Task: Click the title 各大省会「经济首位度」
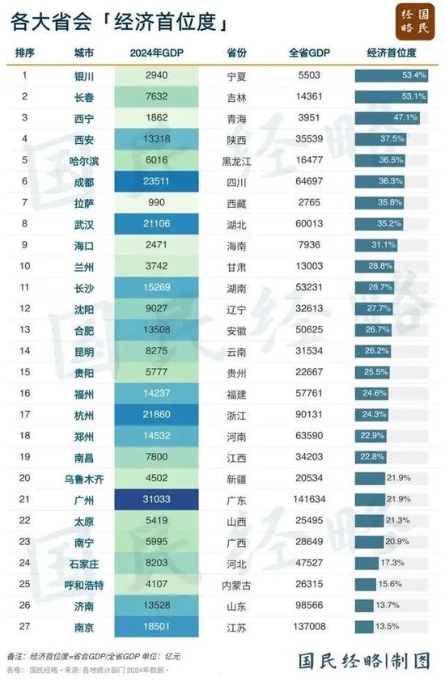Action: [118, 23]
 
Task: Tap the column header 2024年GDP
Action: [155, 53]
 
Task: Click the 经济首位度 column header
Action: [391, 53]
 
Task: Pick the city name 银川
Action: [84, 76]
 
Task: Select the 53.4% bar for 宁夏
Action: [392, 76]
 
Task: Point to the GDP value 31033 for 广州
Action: [155, 498]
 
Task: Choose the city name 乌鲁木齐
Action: [84, 477]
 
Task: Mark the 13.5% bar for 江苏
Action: [364, 625]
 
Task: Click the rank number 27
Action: [24, 625]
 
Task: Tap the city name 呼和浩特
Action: [84, 583]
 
